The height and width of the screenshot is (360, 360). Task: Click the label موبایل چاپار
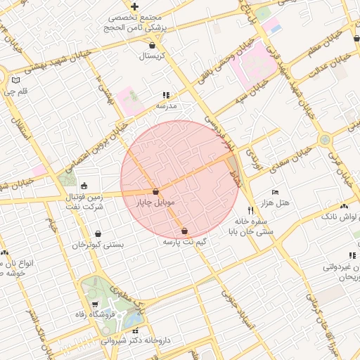[155, 202]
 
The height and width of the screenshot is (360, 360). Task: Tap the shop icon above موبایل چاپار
[155, 191]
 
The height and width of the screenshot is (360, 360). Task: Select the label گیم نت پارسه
[184, 241]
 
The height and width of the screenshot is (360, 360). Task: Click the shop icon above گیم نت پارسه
[184, 231]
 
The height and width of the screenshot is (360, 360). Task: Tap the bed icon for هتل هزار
[275, 192]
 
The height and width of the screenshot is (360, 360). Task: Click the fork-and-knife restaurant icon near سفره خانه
[250, 210]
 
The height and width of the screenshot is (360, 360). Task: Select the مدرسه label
[166, 105]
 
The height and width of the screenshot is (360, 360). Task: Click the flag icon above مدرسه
[166, 95]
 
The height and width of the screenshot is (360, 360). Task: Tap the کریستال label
[152, 56]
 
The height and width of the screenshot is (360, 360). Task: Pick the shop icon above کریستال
[152, 45]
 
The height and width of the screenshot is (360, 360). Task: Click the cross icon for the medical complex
[134, 6]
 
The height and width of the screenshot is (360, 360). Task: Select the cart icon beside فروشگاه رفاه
[95, 304]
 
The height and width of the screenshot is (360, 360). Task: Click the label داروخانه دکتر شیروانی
[136, 340]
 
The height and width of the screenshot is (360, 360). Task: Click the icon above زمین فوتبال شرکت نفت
[85, 186]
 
